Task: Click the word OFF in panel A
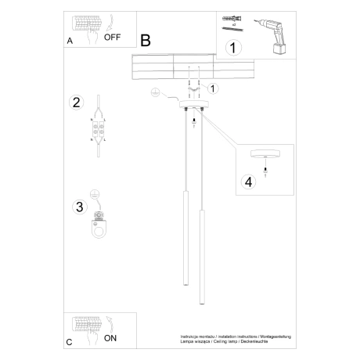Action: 112,36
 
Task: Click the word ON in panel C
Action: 111,339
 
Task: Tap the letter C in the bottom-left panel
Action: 69,343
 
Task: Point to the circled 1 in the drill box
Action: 232,49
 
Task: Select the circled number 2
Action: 76,103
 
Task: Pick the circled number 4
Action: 249,182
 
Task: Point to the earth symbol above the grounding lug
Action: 95,194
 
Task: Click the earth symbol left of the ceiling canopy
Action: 156,93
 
